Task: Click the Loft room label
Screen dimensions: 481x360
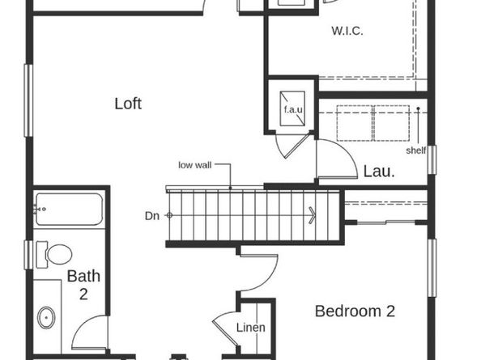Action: tap(128, 104)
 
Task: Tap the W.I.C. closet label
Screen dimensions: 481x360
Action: tap(347, 31)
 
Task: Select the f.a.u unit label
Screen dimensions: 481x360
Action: tap(293, 109)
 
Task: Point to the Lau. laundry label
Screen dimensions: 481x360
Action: tap(379, 172)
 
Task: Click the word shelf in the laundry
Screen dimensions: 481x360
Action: tap(416, 150)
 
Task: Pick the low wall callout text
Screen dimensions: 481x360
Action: tap(195, 165)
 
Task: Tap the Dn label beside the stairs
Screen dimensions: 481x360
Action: tap(152, 216)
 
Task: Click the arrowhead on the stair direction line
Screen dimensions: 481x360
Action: tap(312, 215)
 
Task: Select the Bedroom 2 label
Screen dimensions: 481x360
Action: tap(355, 311)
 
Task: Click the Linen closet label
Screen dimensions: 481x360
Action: tap(251, 328)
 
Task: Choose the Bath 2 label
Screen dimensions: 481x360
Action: tap(83, 285)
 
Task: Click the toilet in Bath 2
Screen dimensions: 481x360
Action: tap(54, 254)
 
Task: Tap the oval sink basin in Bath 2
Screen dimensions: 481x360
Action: tap(46, 318)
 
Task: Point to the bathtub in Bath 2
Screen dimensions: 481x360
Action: tap(69, 209)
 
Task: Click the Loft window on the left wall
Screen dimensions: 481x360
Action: tap(28, 100)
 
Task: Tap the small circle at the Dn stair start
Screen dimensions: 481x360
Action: tap(169, 215)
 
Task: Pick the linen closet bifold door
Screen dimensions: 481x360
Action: tap(225, 330)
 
